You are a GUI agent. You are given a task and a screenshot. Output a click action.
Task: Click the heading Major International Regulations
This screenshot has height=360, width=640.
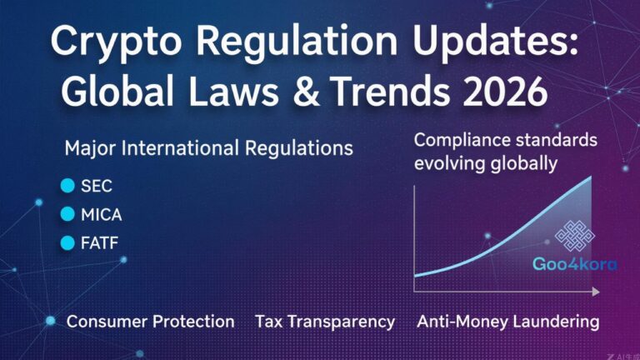[x=208, y=149]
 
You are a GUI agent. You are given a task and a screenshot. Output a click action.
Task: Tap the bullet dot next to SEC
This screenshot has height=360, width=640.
[x=68, y=187]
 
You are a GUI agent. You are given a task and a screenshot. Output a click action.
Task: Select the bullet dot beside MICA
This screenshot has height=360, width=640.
[x=68, y=215]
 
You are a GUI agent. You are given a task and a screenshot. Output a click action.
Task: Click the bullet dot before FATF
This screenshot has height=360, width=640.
[x=68, y=243]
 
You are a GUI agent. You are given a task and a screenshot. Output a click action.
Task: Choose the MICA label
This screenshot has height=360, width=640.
[x=102, y=215]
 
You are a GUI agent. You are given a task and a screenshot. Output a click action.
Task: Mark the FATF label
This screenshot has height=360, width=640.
[x=100, y=243]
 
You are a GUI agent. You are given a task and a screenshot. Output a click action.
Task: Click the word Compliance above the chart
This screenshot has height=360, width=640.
[x=460, y=140]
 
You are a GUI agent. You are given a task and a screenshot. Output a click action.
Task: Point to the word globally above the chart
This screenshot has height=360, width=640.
[x=522, y=162]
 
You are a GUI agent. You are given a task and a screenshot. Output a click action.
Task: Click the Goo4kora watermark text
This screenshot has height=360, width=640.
[x=576, y=265]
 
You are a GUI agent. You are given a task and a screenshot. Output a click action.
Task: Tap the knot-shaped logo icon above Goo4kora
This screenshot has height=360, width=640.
[x=576, y=235]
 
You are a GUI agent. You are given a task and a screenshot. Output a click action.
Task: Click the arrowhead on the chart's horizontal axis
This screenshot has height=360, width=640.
[x=595, y=292]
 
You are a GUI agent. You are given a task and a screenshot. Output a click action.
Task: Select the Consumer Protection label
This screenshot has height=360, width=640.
[x=150, y=321]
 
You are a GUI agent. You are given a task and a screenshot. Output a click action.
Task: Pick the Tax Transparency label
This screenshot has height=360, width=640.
[x=325, y=321]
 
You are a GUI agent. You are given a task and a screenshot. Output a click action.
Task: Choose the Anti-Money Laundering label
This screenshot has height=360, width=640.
[x=507, y=321]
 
